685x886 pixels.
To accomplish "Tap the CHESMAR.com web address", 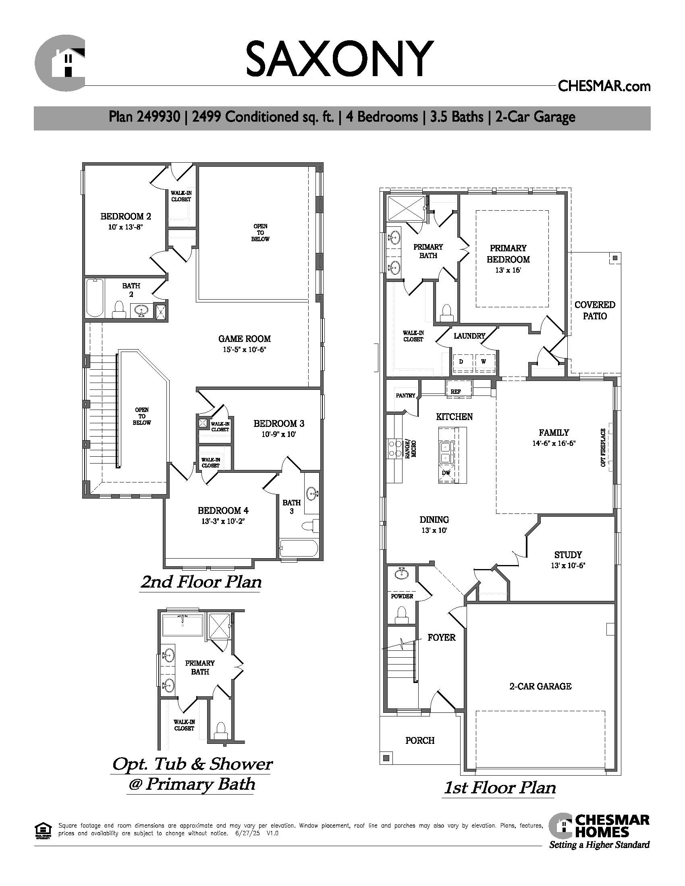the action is coord(604,86).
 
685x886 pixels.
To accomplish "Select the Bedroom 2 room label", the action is coord(126,216).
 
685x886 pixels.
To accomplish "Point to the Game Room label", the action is coord(244,339).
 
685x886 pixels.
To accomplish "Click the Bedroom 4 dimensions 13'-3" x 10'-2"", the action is coord(223,521).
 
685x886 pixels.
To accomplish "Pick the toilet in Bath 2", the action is coord(118,310).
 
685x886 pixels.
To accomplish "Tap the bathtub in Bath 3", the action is coord(299,549).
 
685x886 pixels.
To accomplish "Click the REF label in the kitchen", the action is coord(456,392).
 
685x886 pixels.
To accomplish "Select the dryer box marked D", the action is coord(461,361).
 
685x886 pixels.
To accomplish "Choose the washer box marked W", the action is coord(483,361).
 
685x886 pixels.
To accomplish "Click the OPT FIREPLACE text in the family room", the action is coord(604,447).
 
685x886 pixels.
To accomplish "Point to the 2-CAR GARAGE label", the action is coord(540,686).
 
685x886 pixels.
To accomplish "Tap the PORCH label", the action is coord(420,740).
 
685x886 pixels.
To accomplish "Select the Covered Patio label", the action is coord(595,311).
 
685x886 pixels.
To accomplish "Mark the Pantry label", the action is coord(405,395).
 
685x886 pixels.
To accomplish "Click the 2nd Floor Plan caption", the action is coord(201,582).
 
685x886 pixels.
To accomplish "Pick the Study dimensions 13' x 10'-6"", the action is coord(568,565).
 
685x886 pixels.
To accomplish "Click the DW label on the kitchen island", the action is coord(446,473).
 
